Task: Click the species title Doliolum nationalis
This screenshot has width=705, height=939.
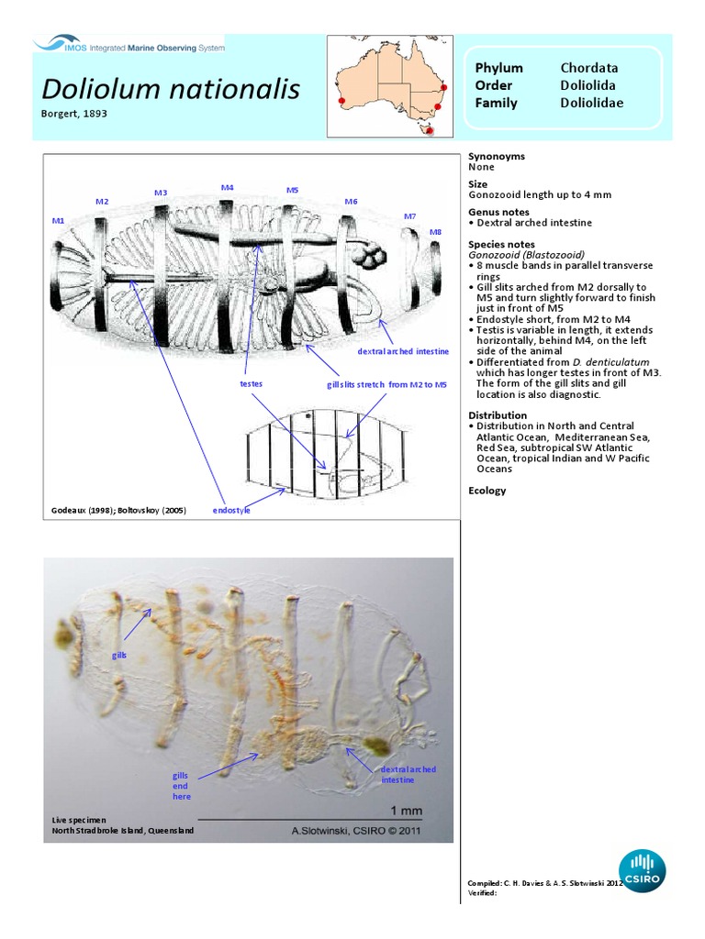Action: [x=171, y=89]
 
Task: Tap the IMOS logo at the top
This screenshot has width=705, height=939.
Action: [x=129, y=43]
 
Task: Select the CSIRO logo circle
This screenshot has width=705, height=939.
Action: [x=642, y=872]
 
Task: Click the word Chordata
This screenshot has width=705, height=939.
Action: [x=589, y=68]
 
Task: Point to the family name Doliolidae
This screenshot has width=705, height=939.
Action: [x=591, y=103]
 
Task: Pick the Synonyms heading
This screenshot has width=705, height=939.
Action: [x=497, y=156]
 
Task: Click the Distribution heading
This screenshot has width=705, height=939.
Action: [x=498, y=415]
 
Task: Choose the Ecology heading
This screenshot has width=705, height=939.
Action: [x=487, y=491]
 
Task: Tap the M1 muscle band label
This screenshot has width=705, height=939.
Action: [x=58, y=221]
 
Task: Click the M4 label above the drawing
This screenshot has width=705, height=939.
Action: [x=227, y=187]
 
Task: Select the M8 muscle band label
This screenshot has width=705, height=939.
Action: [x=435, y=232]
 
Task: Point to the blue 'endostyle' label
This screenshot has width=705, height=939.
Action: [x=230, y=510]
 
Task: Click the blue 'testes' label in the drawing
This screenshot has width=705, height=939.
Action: [x=251, y=384]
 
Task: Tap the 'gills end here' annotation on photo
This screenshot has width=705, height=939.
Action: [x=181, y=786]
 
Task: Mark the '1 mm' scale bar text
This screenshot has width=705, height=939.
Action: [x=407, y=811]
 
